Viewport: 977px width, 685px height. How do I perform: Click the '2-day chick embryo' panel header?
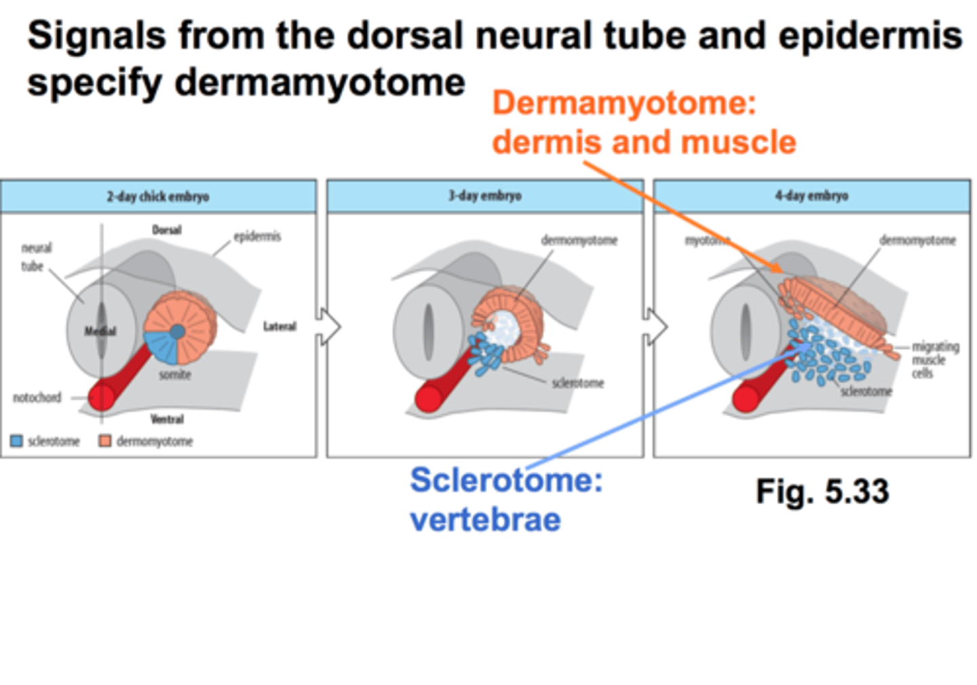pyautogui.click(x=157, y=197)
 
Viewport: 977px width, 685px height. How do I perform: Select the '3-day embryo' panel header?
pyautogui.click(x=484, y=196)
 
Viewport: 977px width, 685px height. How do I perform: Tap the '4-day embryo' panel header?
pyautogui.click(x=811, y=196)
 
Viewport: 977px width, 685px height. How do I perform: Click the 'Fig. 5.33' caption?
pyautogui.click(x=822, y=491)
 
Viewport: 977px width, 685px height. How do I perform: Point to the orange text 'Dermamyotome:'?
pyautogui.click(x=624, y=103)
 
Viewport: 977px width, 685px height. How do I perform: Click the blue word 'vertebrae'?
pyautogui.click(x=485, y=520)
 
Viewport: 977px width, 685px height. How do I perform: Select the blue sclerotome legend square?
pyautogui.click(x=17, y=442)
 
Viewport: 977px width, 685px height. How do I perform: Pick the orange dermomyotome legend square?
pyautogui.click(x=104, y=442)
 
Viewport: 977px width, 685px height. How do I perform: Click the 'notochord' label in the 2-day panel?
pyautogui.click(x=37, y=397)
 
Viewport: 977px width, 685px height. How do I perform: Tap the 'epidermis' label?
pyautogui.click(x=257, y=236)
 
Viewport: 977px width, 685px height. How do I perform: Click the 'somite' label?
pyautogui.click(x=175, y=374)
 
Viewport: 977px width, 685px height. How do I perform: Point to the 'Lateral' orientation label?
pyautogui.click(x=280, y=327)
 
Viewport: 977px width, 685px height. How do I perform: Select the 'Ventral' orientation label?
pyautogui.click(x=167, y=419)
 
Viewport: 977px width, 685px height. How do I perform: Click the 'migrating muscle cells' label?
pyautogui.click(x=934, y=360)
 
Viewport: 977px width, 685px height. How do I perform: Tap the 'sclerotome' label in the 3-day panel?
pyautogui.click(x=577, y=383)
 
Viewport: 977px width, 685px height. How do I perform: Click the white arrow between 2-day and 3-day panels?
pyautogui.click(x=329, y=327)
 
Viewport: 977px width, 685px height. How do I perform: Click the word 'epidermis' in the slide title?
pyautogui.click(x=870, y=35)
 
